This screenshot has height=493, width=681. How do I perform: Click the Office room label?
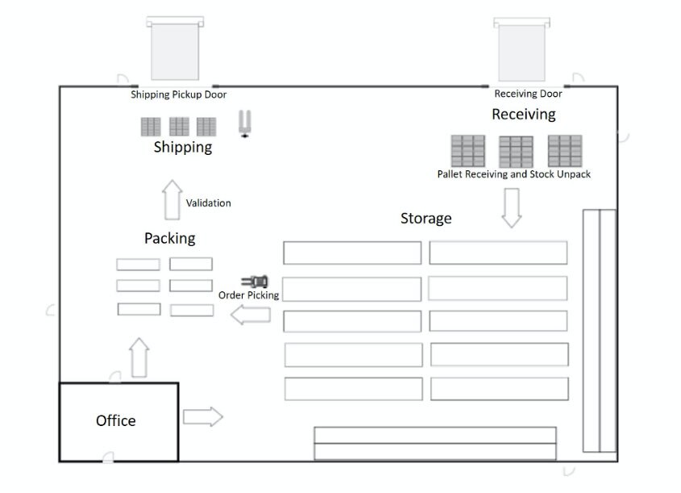coord(115,420)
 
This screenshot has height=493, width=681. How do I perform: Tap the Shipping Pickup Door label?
coord(178,94)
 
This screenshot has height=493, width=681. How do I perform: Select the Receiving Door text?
coord(528,94)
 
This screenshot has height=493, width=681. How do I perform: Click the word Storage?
coord(426,218)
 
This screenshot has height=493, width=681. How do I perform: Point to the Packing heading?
coord(169,238)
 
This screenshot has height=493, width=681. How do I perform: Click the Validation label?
coord(208,203)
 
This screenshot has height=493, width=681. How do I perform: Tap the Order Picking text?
coord(248,295)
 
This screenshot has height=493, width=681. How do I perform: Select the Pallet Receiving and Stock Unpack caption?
coord(513,173)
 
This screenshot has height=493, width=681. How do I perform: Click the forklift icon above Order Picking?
coord(255,282)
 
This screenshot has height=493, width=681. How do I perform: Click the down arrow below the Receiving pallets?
coord(511,207)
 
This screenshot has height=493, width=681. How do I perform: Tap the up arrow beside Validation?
coord(171,200)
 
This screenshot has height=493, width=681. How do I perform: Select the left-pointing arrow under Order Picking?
coord(250,315)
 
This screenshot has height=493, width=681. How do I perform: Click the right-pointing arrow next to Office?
coord(202,416)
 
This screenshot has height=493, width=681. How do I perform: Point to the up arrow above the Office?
coord(139,357)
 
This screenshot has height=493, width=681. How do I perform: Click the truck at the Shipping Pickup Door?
coord(174,49)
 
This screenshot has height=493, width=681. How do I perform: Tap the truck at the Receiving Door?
coord(521,49)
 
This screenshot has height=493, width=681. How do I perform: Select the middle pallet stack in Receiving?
coord(516,151)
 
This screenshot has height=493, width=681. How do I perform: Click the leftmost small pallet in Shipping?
coord(151,127)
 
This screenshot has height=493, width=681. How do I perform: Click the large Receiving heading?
coord(523,115)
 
